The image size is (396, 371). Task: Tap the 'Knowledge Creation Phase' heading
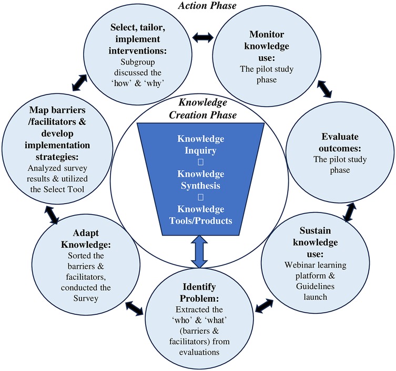pyautogui.click(x=199, y=109)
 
